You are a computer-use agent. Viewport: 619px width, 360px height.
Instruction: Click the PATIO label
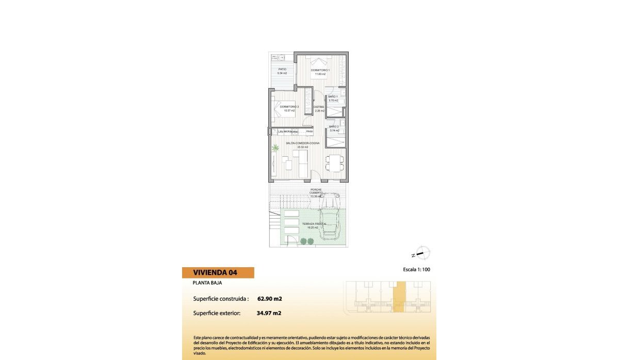(x=282, y=69)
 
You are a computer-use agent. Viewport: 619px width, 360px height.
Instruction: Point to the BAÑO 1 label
(x=333, y=96)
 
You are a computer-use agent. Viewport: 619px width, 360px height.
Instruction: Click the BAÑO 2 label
(x=334, y=126)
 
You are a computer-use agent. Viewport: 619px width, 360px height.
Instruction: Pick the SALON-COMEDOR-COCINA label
(x=306, y=143)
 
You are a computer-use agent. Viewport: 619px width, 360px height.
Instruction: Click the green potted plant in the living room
(x=275, y=149)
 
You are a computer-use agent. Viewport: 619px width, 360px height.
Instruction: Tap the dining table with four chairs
(x=335, y=163)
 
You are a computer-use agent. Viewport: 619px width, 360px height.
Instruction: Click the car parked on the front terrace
(x=329, y=219)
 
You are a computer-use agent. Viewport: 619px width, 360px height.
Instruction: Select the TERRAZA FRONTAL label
(x=314, y=224)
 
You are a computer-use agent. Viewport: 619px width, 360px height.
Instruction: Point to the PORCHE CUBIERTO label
(x=316, y=191)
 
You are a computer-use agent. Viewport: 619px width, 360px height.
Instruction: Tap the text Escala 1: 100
(x=416, y=269)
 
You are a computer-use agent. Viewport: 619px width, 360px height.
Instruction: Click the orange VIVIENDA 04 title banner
(x=218, y=273)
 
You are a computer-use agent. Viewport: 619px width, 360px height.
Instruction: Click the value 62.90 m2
(x=269, y=299)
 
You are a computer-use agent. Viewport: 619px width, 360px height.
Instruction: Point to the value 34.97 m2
(x=269, y=313)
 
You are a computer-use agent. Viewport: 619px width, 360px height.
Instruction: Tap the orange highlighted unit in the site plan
(x=399, y=298)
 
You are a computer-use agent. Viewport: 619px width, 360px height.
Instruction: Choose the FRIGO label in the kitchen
(x=309, y=132)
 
